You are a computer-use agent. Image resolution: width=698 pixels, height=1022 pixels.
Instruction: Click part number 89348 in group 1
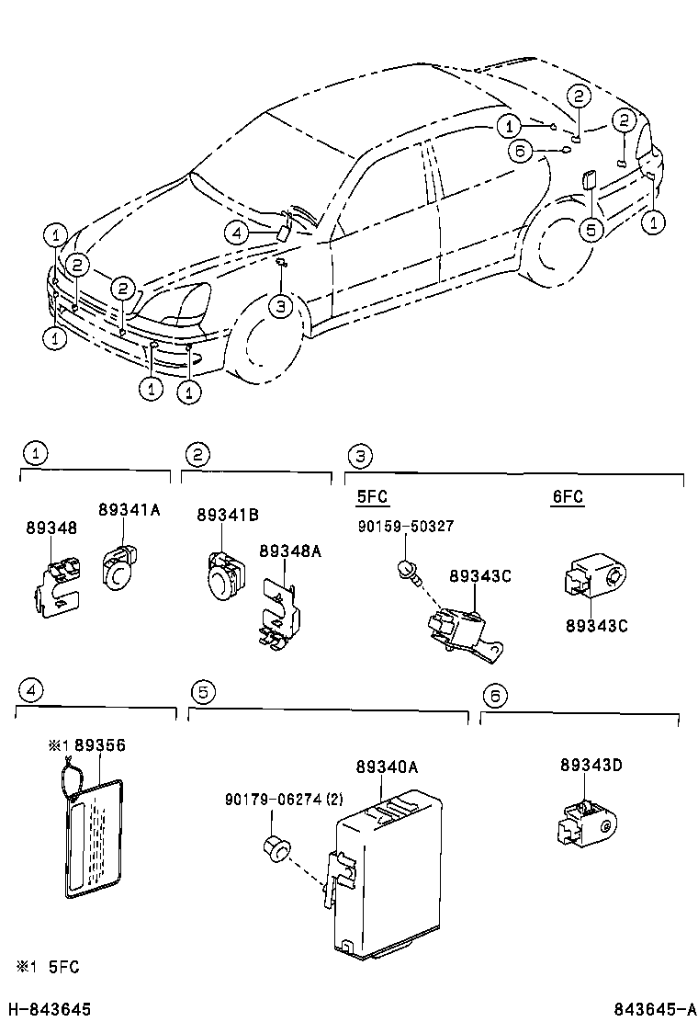coord(51,528)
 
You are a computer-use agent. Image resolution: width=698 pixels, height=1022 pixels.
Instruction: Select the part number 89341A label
coord(129,511)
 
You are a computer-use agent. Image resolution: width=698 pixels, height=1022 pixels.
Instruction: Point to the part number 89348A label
coord(289,551)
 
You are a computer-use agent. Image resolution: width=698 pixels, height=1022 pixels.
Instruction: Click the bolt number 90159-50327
coord(405,526)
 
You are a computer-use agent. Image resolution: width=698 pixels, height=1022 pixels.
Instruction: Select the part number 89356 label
coord(100,745)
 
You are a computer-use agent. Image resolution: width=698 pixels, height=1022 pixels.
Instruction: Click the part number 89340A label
coord(387,766)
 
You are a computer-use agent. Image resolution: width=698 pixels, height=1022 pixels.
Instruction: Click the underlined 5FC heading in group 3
coord(372,497)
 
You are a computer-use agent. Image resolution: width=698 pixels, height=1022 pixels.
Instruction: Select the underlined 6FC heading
coord(568,497)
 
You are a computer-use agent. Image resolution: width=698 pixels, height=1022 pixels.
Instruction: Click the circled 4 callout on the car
coord(237,234)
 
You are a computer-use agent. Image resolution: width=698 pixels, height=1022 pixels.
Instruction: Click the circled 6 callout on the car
coord(520,152)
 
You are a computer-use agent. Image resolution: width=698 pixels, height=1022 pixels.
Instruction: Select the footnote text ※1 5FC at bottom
coord(49,966)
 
